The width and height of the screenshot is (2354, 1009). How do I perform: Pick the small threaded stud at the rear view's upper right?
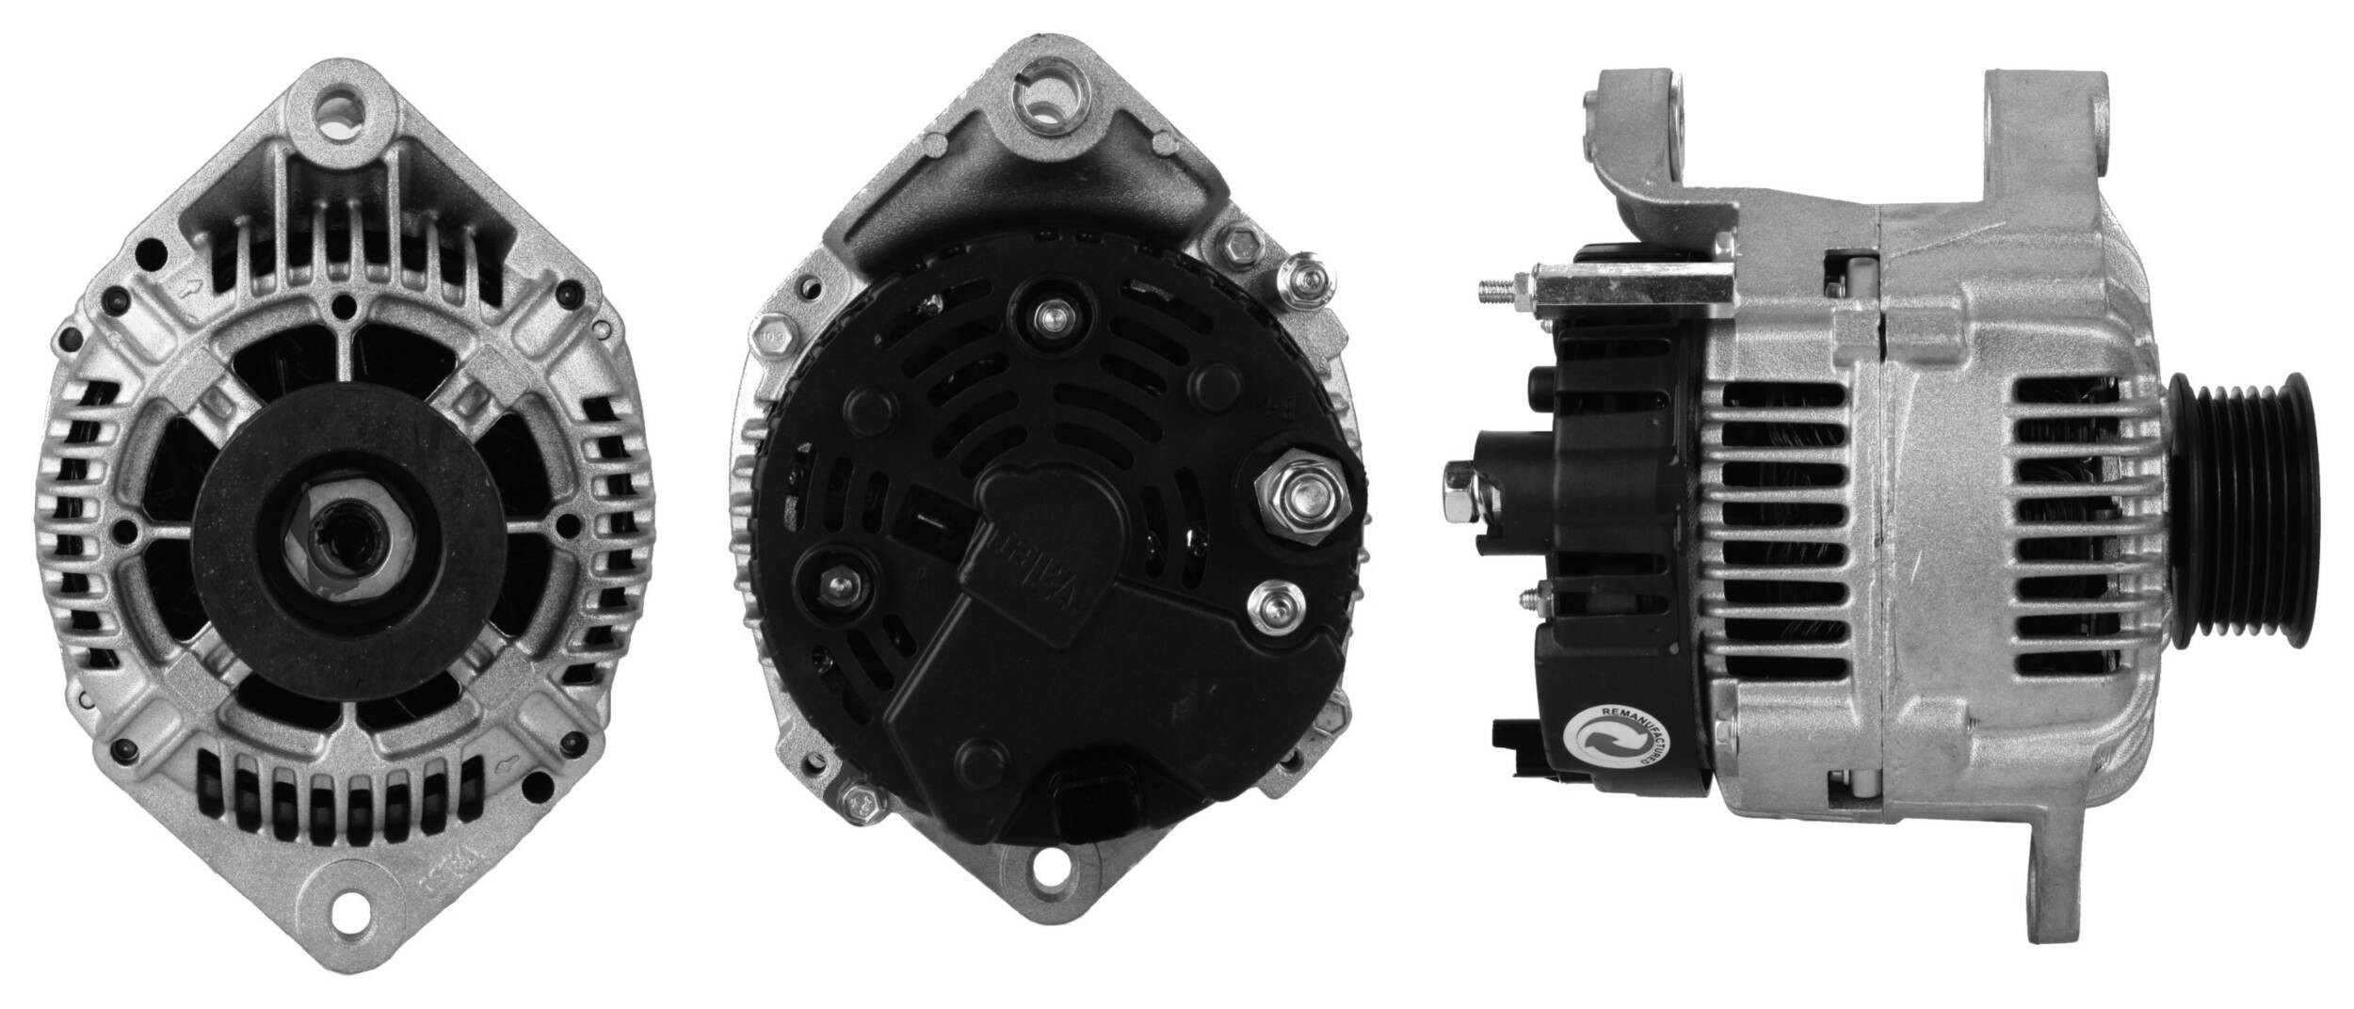coord(1304,279)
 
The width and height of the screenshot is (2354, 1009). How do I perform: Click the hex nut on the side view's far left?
coord(1460,493)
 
